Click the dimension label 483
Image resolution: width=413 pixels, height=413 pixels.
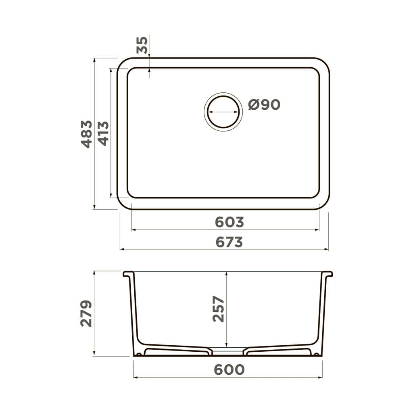point(87,134)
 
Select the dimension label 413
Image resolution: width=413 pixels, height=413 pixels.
point(103,133)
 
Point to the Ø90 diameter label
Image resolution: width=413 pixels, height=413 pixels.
point(264,105)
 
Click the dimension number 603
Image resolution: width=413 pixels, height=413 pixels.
point(229,222)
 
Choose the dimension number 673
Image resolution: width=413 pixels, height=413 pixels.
point(229,242)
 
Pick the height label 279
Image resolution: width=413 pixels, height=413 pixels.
point(87,313)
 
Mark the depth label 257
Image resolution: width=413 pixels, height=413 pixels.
point(218,309)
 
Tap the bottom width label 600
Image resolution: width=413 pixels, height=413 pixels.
point(229,369)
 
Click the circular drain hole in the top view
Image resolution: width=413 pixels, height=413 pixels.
point(223,112)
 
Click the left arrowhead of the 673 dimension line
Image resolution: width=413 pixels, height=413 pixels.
point(122,249)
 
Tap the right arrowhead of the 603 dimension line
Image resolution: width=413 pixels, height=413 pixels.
point(317,229)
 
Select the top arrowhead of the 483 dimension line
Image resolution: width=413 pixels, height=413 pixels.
point(94,60)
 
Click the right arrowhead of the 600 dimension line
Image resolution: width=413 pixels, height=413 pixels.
point(321,378)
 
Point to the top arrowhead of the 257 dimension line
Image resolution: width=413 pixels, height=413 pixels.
point(226,273)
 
